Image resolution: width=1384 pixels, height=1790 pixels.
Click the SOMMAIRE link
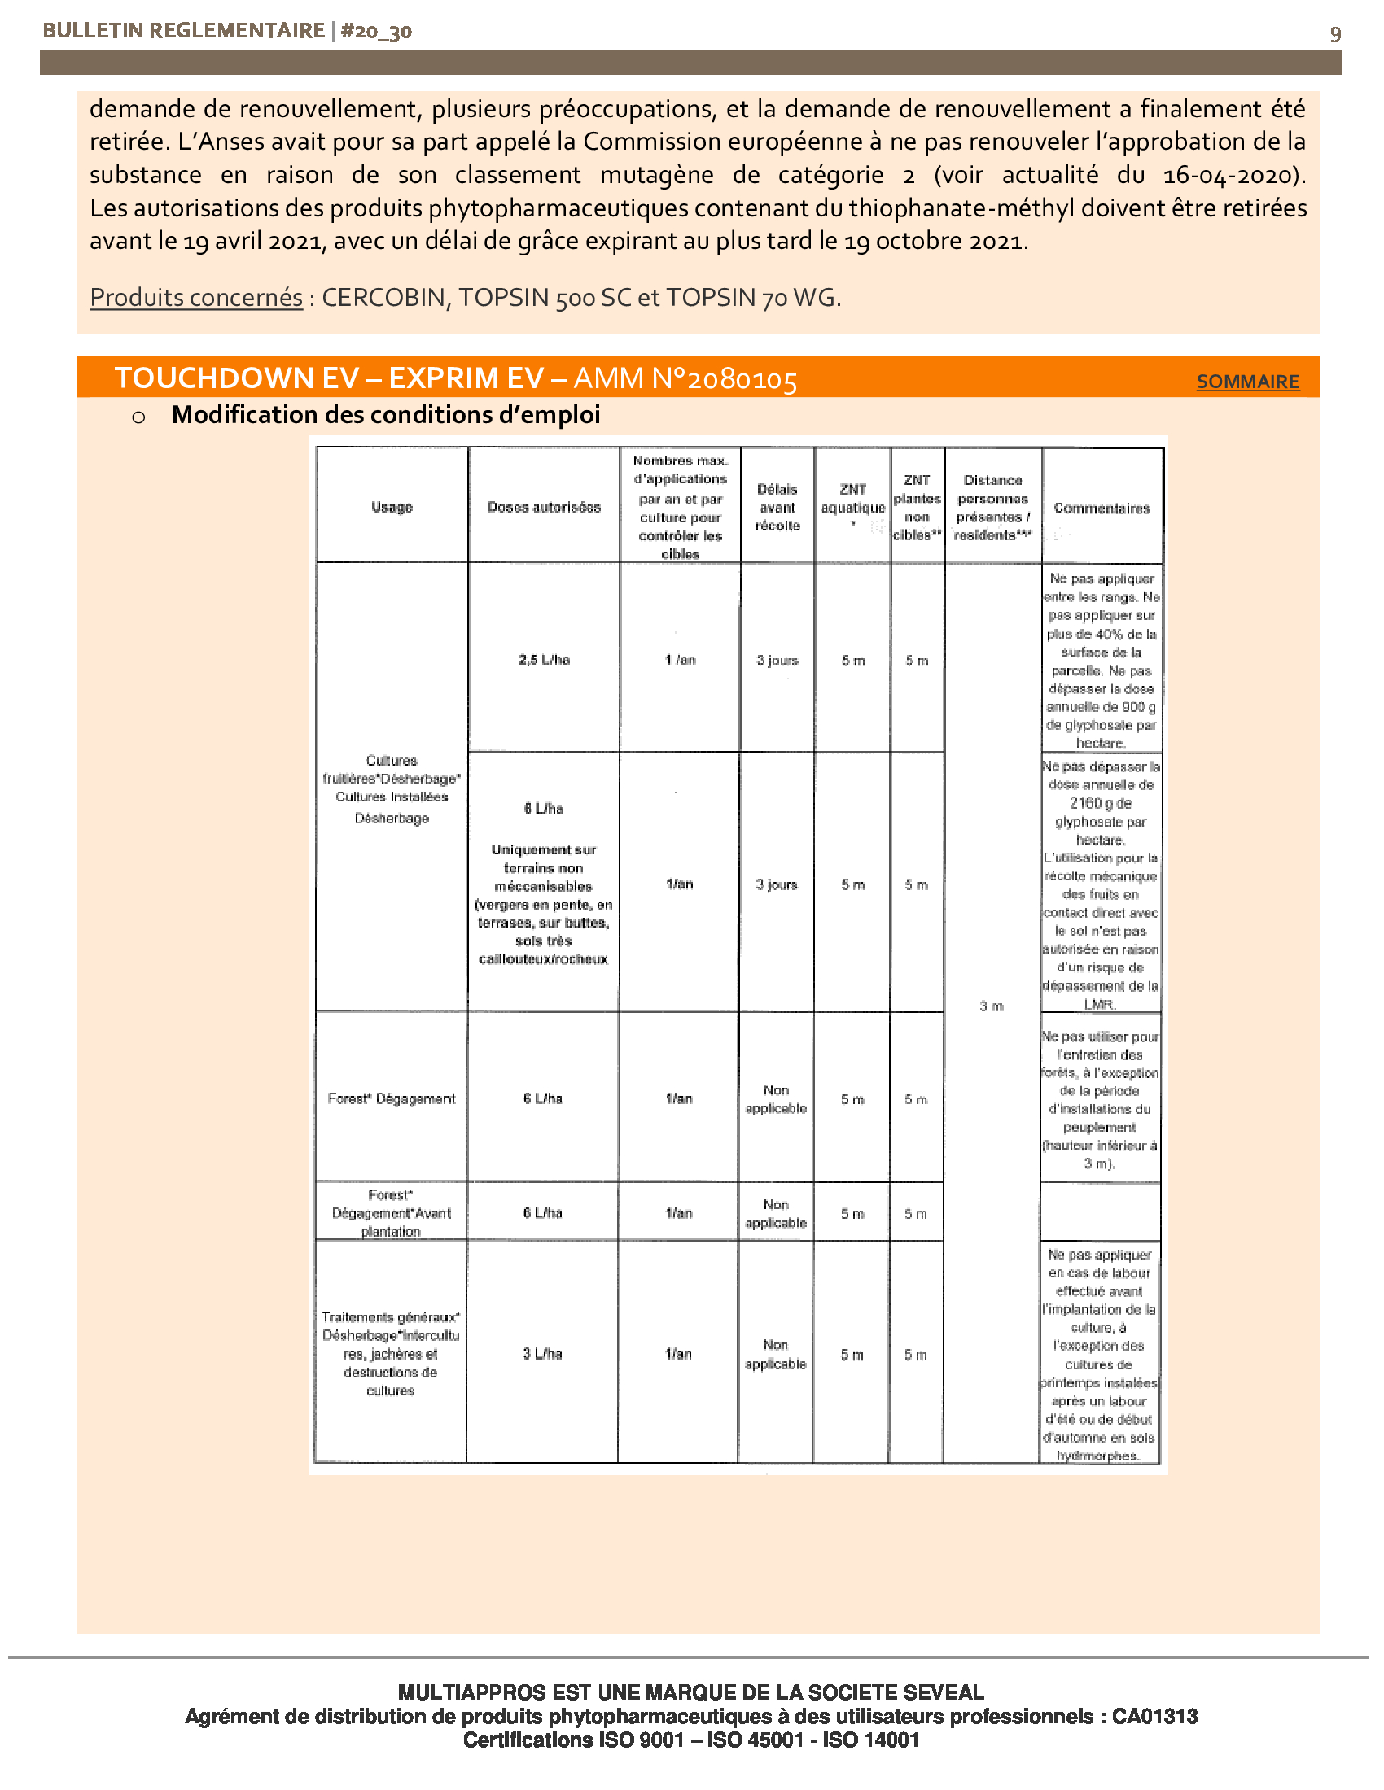[1247, 382]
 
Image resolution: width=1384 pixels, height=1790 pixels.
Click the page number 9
[1335, 34]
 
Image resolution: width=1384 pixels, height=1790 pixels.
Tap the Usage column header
[392, 508]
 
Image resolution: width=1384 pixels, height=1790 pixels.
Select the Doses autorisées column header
[544, 508]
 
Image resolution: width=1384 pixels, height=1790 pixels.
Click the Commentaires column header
[1102, 509]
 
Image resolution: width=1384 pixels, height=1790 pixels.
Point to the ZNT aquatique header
[852, 499]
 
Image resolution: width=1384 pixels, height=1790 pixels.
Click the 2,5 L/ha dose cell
[544, 660]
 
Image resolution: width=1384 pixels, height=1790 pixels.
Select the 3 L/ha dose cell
[542, 1354]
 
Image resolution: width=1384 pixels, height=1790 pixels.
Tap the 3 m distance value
[992, 1006]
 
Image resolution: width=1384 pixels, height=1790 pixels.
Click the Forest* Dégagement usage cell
[391, 1099]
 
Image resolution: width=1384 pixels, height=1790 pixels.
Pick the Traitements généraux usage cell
[390, 1354]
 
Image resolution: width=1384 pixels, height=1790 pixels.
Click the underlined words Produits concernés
[196, 298]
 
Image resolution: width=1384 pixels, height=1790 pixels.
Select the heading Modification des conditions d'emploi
[385, 416]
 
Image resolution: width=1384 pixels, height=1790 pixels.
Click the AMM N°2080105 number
[685, 378]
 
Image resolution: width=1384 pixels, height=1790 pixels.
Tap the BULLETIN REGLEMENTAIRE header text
[184, 31]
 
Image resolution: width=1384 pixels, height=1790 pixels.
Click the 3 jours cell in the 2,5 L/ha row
[777, 660]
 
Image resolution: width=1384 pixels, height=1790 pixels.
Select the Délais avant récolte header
[777, 508]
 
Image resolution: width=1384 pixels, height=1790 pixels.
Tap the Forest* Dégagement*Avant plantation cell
[390, 1213]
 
